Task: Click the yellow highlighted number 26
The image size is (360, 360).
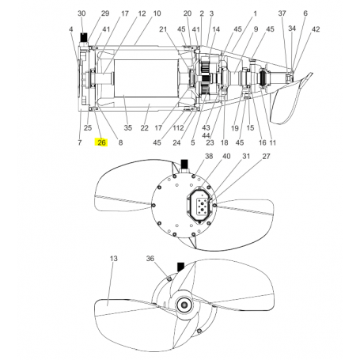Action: (101, 142)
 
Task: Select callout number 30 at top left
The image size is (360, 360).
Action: (81, 14)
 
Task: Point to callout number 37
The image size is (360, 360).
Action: (282, 14)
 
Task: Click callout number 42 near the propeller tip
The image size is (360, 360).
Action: (316, 29)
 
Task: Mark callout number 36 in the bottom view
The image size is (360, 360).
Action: (150, 259)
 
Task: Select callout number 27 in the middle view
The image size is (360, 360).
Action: (266, 157)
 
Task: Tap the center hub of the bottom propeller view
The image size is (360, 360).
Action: (184, 305)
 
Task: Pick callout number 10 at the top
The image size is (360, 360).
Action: (156, 14)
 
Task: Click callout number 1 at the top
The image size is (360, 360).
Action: (256, 14)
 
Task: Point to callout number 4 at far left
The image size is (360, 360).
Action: (70, 29)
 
